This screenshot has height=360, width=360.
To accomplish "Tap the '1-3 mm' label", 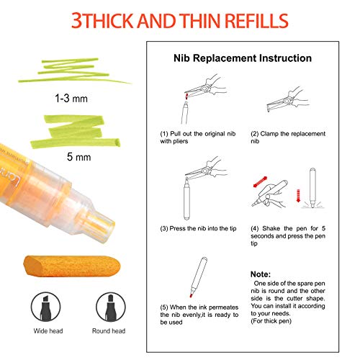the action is pyautogui.click(x=71, y=99).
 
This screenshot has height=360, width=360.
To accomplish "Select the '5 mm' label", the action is pyautogui.click(x=78, y=157).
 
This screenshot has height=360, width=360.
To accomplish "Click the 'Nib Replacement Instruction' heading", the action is pyautogui.click(x=243, y=58).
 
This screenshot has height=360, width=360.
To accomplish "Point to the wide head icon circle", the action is pyautogui.click(x=45, y=307).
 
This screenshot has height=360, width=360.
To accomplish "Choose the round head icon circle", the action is pyautogui.click(x=111, y=307).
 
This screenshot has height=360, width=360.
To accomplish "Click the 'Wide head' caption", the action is pyautogui.click(x=48, y=331).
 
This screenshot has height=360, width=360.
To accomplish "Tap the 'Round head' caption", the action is pyautogui.click(x=109, y=331).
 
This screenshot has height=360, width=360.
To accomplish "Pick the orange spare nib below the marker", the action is pyautogui.click(x=72, y=266).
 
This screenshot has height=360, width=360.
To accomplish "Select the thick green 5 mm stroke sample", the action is pyautogui.click(x=75, y=132).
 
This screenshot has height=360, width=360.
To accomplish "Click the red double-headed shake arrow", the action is pyautogui.click(x=260, y=182).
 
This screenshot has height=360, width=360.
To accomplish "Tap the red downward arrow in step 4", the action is pyautogui.click(x=298, y=196).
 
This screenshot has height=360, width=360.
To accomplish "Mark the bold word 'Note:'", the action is pyautogui.click(x=261, y=274).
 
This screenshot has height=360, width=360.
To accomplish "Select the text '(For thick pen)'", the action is pyautogui.click(x=271, y=321).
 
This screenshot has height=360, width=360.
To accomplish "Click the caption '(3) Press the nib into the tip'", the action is pyautogui.click(x=198, y=228).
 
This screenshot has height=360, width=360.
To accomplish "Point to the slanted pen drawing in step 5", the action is pyautogui.click(x=198, y=277).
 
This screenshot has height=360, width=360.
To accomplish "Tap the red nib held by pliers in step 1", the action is pyautogui.click(x=186, y=96).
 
